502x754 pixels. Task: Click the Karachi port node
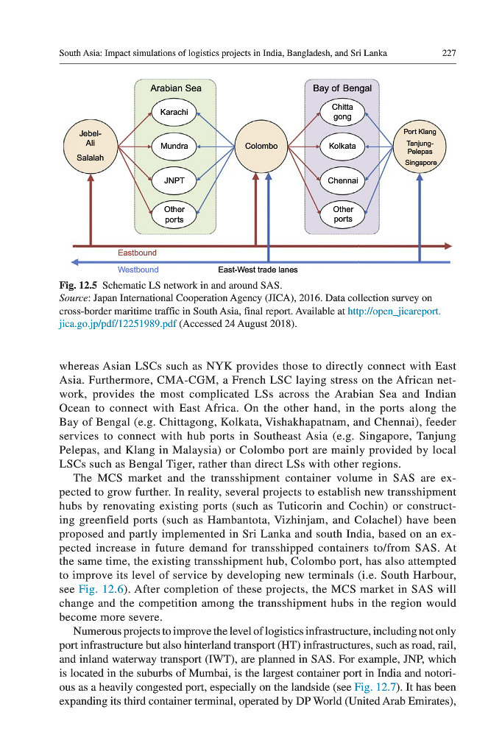(x=174, y=113)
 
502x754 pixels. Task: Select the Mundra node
(x=174, y=146)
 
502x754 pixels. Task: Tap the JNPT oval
(x=174, y=180)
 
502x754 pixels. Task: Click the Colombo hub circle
(x=261, y=146)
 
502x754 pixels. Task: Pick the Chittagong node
(x=342, y=112)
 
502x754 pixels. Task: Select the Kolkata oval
(x=342, y=146)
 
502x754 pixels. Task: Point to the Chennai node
(x=342, y=180)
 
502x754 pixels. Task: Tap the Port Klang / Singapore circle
(x=420, y=147)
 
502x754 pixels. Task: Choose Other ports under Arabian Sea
(x=174, y=214)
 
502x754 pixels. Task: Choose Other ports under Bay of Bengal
(x=342, y=214)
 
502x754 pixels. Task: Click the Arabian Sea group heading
(x=175, y=88)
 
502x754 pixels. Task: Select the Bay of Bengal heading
(x=342, y=88)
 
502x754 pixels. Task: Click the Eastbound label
(x=137, y=253)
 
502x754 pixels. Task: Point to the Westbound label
(x=138, y=269)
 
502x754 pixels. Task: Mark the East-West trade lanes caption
(x=258, y=269)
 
